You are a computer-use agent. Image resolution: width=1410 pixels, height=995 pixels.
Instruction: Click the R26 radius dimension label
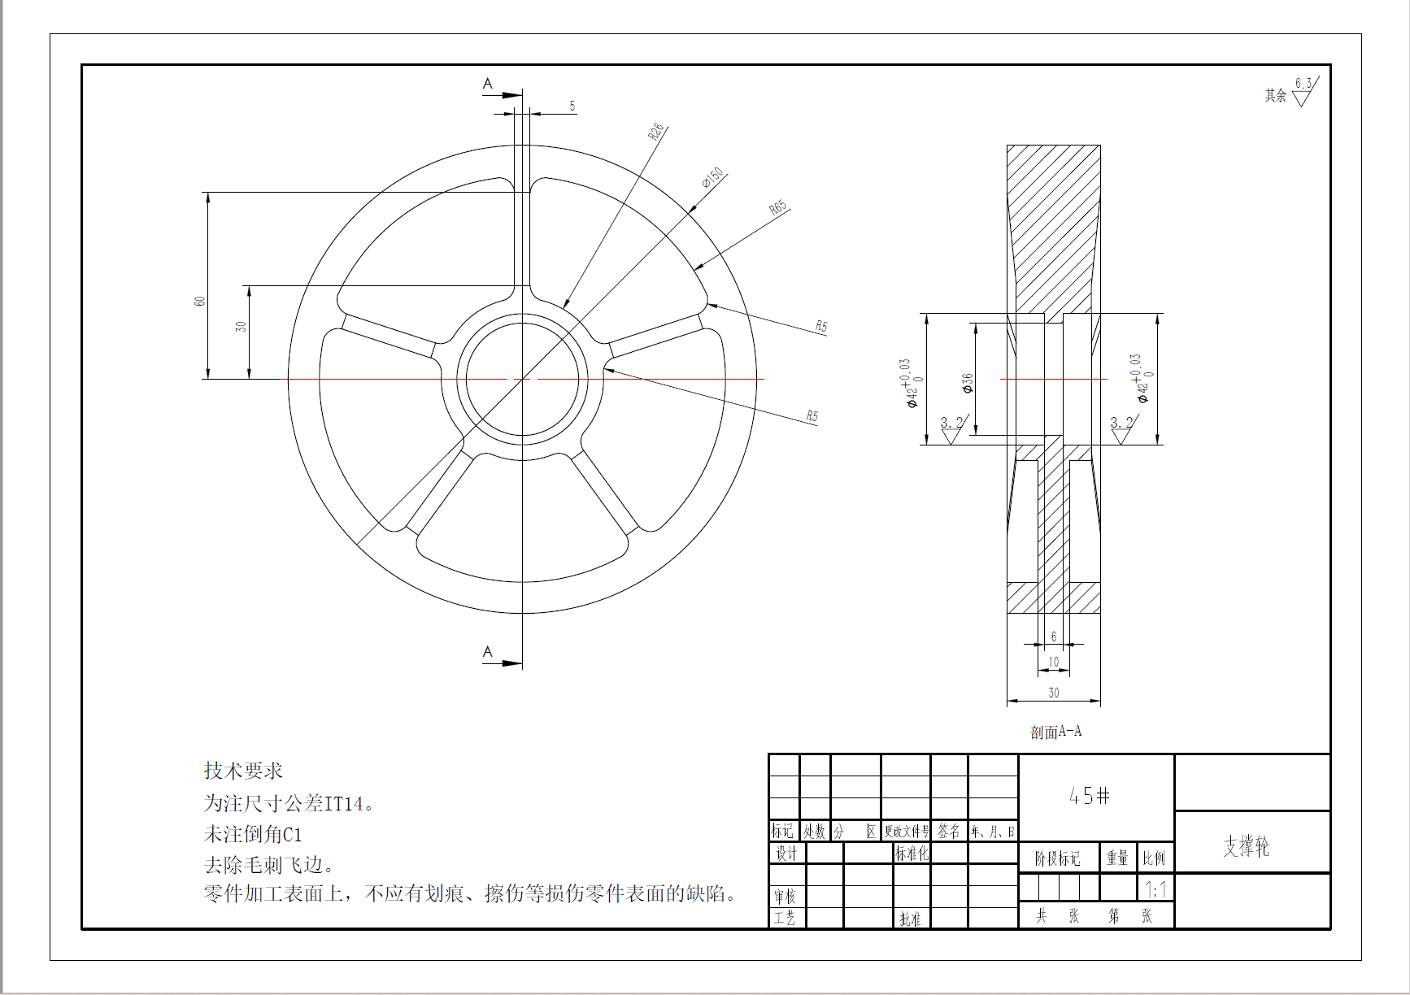click(x=656, y=131)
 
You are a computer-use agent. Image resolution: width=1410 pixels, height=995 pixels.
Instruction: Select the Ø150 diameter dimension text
click(x=713, y=177)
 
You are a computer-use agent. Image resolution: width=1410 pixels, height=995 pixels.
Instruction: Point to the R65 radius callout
click(x=778, y=207)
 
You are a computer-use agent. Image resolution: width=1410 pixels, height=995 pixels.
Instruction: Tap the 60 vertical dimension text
click(x=199, y=301)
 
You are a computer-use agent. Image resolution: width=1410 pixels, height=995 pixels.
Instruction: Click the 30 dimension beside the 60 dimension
click(x=241, y=326)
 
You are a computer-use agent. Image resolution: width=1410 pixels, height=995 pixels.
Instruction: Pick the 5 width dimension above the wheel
click(x=572, y=106)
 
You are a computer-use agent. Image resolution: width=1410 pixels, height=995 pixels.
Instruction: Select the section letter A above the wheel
click(x=487, y=84)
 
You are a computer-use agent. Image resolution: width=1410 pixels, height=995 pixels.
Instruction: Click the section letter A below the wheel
click(x=487, y=652)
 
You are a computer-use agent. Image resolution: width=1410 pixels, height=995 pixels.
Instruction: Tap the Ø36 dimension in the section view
click(x=968, y=383)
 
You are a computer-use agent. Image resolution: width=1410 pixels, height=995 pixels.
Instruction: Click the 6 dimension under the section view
click(x=1054, y=637)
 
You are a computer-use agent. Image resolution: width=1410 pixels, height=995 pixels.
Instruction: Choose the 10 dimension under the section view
click(x=1054, y=662)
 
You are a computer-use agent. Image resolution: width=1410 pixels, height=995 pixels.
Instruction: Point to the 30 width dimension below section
click(x=1054, y=693)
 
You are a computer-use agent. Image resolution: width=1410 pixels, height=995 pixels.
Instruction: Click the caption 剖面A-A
click(x=1055, y=732)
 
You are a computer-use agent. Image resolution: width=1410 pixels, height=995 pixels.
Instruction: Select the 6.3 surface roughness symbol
click(x=1303, y=92)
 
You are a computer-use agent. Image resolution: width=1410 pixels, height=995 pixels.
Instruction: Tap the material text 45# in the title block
click(x=1090, y=796)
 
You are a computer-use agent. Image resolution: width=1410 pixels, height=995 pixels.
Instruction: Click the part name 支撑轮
click(x=1246, y=846)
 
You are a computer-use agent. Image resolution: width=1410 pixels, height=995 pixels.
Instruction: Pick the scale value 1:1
click(x=1155, y=889)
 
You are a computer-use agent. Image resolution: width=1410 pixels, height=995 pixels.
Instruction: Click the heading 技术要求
click(x=243, y=771)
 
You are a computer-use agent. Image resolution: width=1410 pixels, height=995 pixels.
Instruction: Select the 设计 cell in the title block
click(x=786, y=853)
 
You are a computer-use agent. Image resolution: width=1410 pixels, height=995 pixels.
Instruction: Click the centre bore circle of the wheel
click(x=522, y=379)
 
